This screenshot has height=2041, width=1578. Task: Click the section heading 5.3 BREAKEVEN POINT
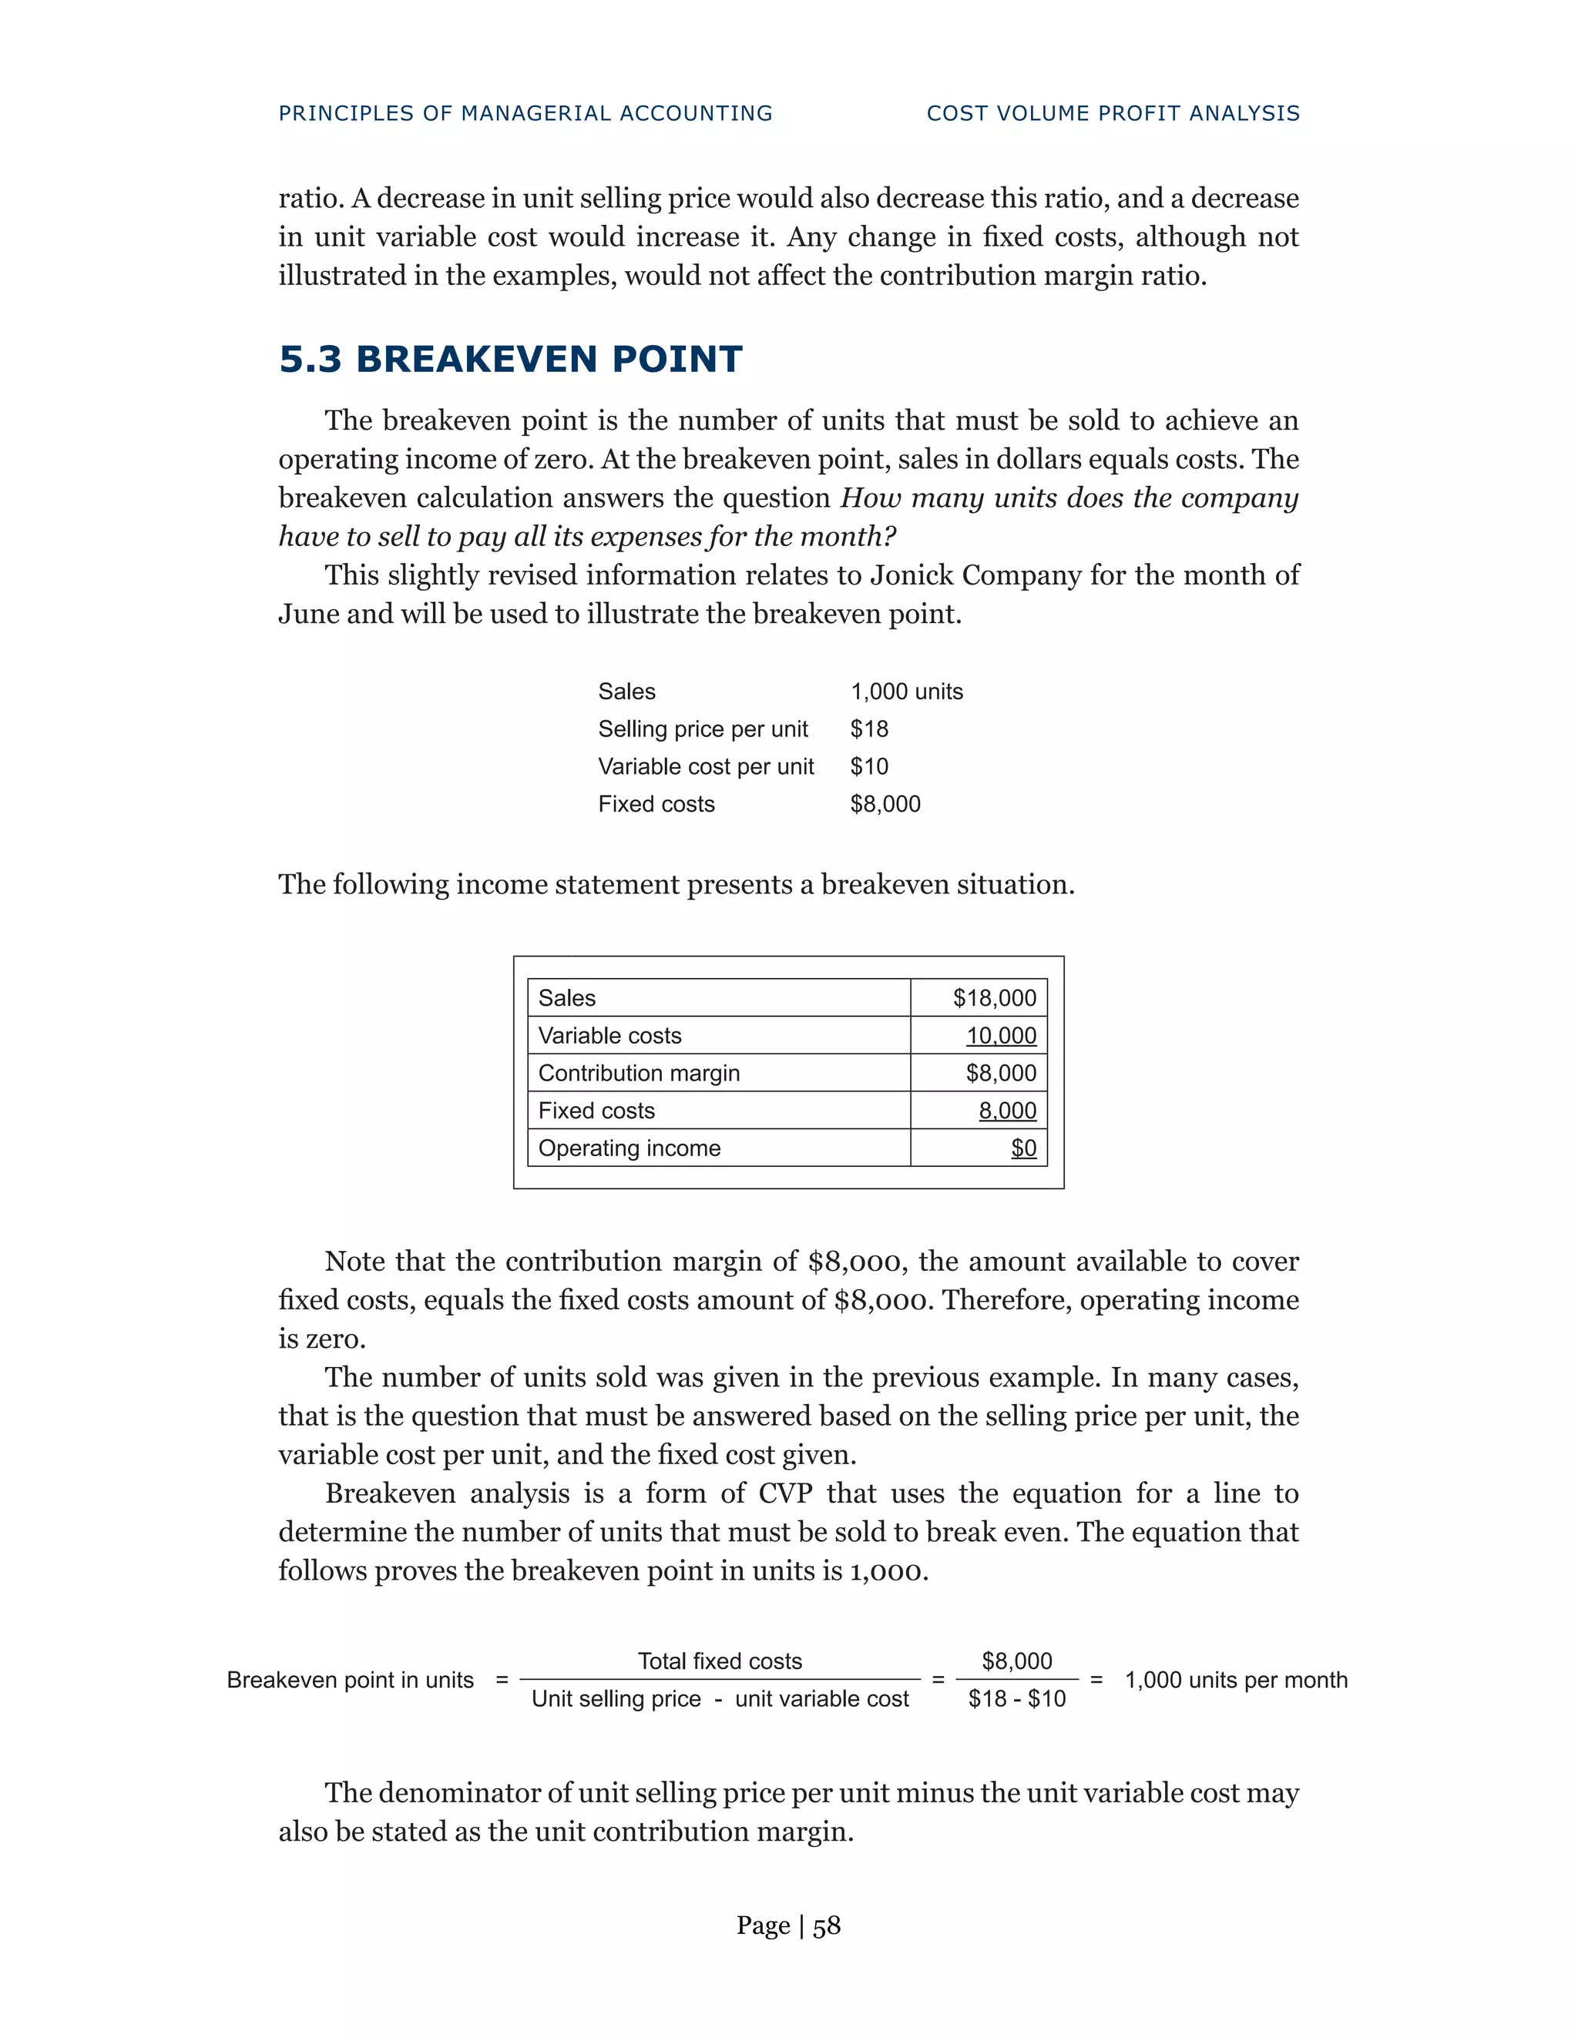(x=510, y=360)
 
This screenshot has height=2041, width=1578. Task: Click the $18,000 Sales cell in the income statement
(x=994, y=998)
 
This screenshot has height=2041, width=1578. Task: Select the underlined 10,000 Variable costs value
(x=1000, y=1035)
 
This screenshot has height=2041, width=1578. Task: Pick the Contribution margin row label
(x=639, y=1073)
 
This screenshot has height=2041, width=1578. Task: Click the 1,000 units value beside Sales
(x=906, y=692)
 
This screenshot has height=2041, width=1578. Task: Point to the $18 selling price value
(x=868, y=729)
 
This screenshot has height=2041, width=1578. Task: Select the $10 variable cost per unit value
(x=868, y=766)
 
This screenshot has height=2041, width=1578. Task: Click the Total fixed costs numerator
(x=720, y=1661)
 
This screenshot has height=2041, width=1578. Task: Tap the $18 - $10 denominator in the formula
(x=1016, y=1698)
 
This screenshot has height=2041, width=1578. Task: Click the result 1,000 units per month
(x=1235, y=1679)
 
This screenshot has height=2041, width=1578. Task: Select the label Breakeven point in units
(x=351, y=1679)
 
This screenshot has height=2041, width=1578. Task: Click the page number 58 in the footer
(x=827, y=1925)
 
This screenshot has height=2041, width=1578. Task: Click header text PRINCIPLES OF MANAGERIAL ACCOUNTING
(x=525, y=113)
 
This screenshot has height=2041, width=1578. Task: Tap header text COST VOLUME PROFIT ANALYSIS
(x=1113, y=113)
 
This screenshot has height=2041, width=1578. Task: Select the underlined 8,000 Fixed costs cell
(x=1007, y=1110)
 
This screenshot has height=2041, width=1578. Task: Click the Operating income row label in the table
(x=630, y=1148)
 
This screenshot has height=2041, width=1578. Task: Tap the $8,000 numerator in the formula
(x=1016, y=1661)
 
